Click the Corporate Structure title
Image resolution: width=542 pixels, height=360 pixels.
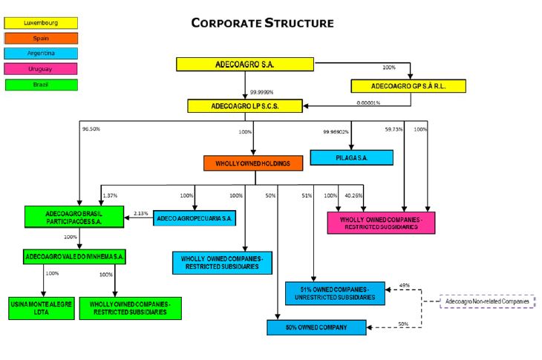point(262,23)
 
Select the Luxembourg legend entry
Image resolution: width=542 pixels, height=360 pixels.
point(41,23)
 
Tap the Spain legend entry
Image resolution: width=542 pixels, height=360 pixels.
point(41,38)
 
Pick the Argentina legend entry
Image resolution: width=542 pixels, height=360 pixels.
point(41,53)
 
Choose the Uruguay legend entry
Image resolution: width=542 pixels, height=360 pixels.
point(41,69)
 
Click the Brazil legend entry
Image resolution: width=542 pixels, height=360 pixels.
point(41,85)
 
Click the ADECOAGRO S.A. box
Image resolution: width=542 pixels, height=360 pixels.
point(245,65)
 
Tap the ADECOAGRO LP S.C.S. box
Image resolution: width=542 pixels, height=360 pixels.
point(245,106)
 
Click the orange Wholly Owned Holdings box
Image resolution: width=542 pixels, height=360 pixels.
point(253,163)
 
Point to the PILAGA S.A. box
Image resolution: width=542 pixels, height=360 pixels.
point(351,157)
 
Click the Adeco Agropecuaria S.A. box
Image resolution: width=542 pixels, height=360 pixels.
point(195,218)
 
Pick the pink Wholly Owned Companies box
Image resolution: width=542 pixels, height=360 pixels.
point(381,223)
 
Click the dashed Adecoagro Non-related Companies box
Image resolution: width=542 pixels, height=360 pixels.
point(487,302)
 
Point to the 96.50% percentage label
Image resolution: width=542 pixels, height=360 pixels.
point(91,128)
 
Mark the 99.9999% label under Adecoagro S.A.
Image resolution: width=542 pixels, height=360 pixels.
point(262,92)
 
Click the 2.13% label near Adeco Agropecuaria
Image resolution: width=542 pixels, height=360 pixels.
point(141,214)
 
